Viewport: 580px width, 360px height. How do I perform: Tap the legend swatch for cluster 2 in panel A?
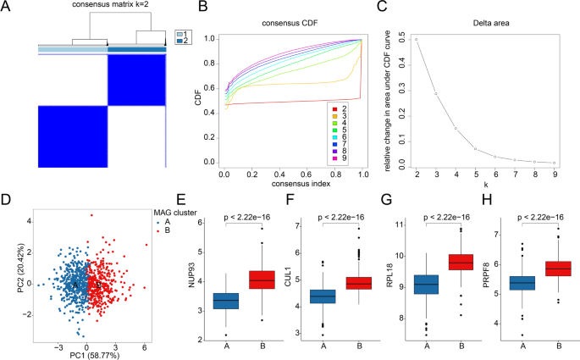coord(179,40)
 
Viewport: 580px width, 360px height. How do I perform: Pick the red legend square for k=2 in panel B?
coord(334,108)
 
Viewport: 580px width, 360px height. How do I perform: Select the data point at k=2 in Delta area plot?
coord(416,40)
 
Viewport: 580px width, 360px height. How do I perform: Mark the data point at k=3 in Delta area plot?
coord(436,93)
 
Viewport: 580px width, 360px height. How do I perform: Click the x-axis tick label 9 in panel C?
coord(555,172)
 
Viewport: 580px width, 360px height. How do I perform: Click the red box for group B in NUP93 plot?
coord(262,280)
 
